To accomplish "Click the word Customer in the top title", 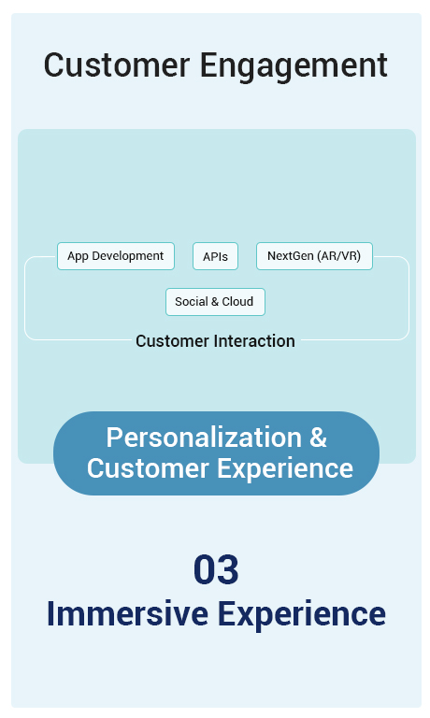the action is click(x=116, y=65).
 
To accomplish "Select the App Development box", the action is click(x=116, y=256).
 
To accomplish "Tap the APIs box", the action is click(x=215, y=256).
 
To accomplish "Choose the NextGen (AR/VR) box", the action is click(x=314, y=256).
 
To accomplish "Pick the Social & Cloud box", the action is click(x=215, y=302).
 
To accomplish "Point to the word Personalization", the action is click(x=204, y=438).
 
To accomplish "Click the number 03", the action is click(x=216, y=569).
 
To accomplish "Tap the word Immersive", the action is click(x=128, y=613).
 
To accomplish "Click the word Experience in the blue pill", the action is click(x=285, y=470).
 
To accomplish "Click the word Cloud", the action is click(x=237, y=302).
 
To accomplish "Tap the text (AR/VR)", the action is click(x=339, y=256).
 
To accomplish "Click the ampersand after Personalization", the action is click(x=318, y=438).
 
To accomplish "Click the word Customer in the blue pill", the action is click(x=149, y=468).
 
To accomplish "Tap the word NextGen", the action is click(x=291, y=255).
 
